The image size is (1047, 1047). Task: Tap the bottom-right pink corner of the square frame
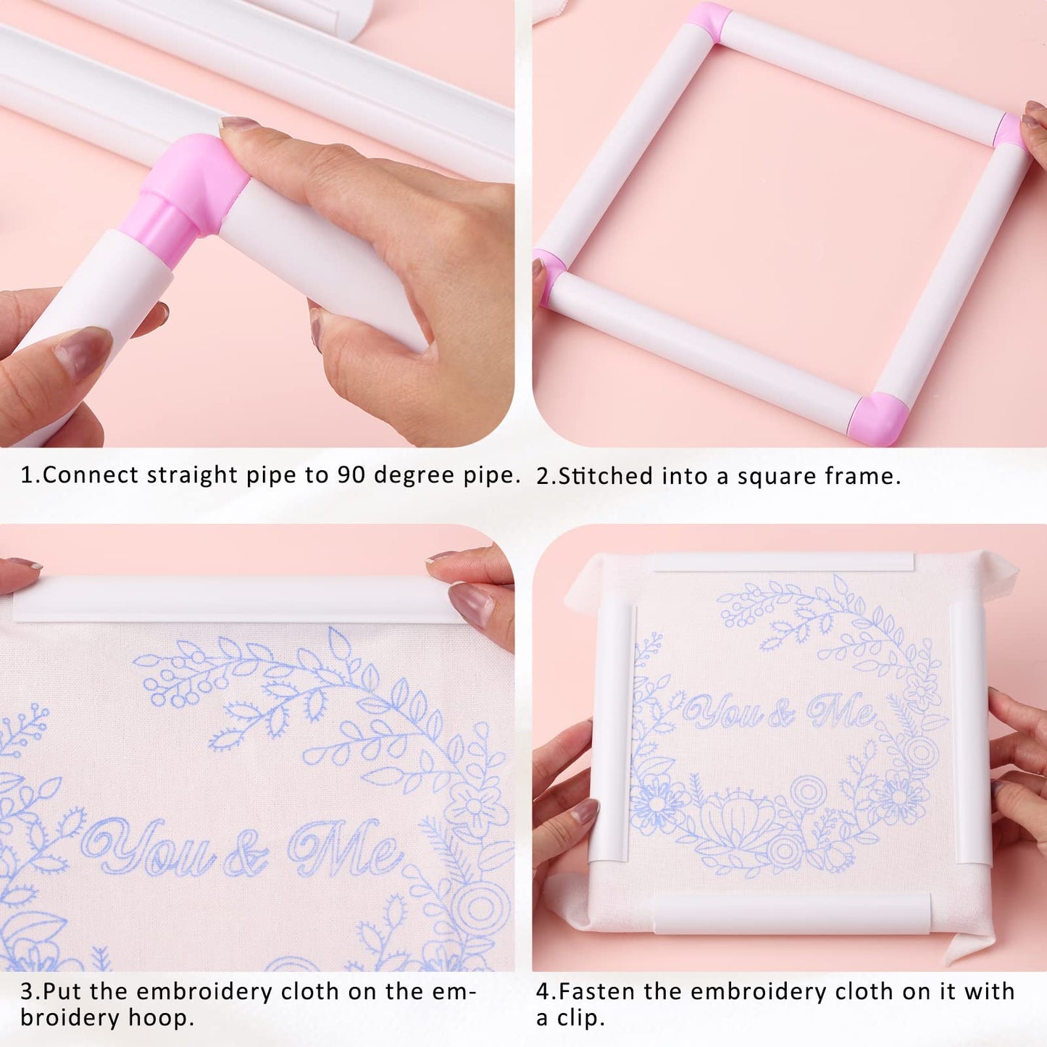pos(878,417)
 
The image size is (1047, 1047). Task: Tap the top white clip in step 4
pos(783,562)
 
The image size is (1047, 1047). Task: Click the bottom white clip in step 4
pos(791,913)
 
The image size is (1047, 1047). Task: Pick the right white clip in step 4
pos(971,732)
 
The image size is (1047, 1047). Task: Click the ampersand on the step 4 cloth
pos(781,714)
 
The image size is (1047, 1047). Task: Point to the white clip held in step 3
pos(232,599)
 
